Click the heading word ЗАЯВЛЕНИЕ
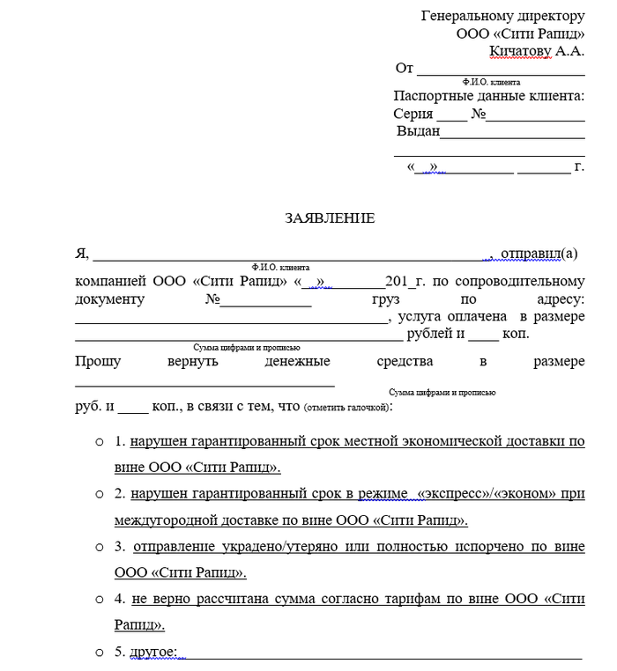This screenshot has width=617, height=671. pos(330,218)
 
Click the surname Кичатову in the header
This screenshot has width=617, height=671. pos(520,50)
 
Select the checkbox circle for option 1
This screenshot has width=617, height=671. pos(100,439)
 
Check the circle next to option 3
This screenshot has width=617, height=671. pos(100,547)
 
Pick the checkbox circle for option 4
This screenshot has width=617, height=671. pos(100,600)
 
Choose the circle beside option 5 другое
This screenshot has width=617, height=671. pos(100,653)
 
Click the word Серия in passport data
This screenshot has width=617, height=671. pos(413,114)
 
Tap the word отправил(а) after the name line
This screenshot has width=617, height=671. pos(539,254)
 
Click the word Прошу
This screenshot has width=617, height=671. pos(98,361)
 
